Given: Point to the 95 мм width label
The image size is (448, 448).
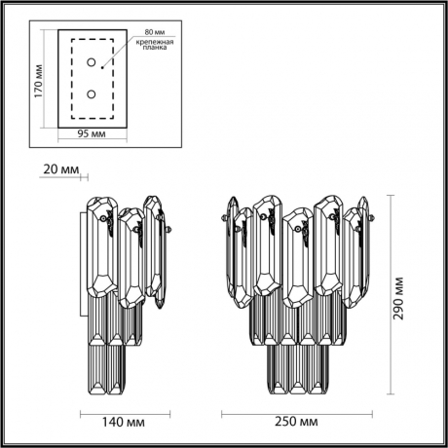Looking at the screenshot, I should (x=91, y=134).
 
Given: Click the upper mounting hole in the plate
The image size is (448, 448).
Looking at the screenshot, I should (x=91, y=64).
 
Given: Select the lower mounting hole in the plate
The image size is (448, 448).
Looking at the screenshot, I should (x=91, y=94).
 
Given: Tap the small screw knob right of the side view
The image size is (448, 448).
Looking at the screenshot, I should (x=169, y=230).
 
